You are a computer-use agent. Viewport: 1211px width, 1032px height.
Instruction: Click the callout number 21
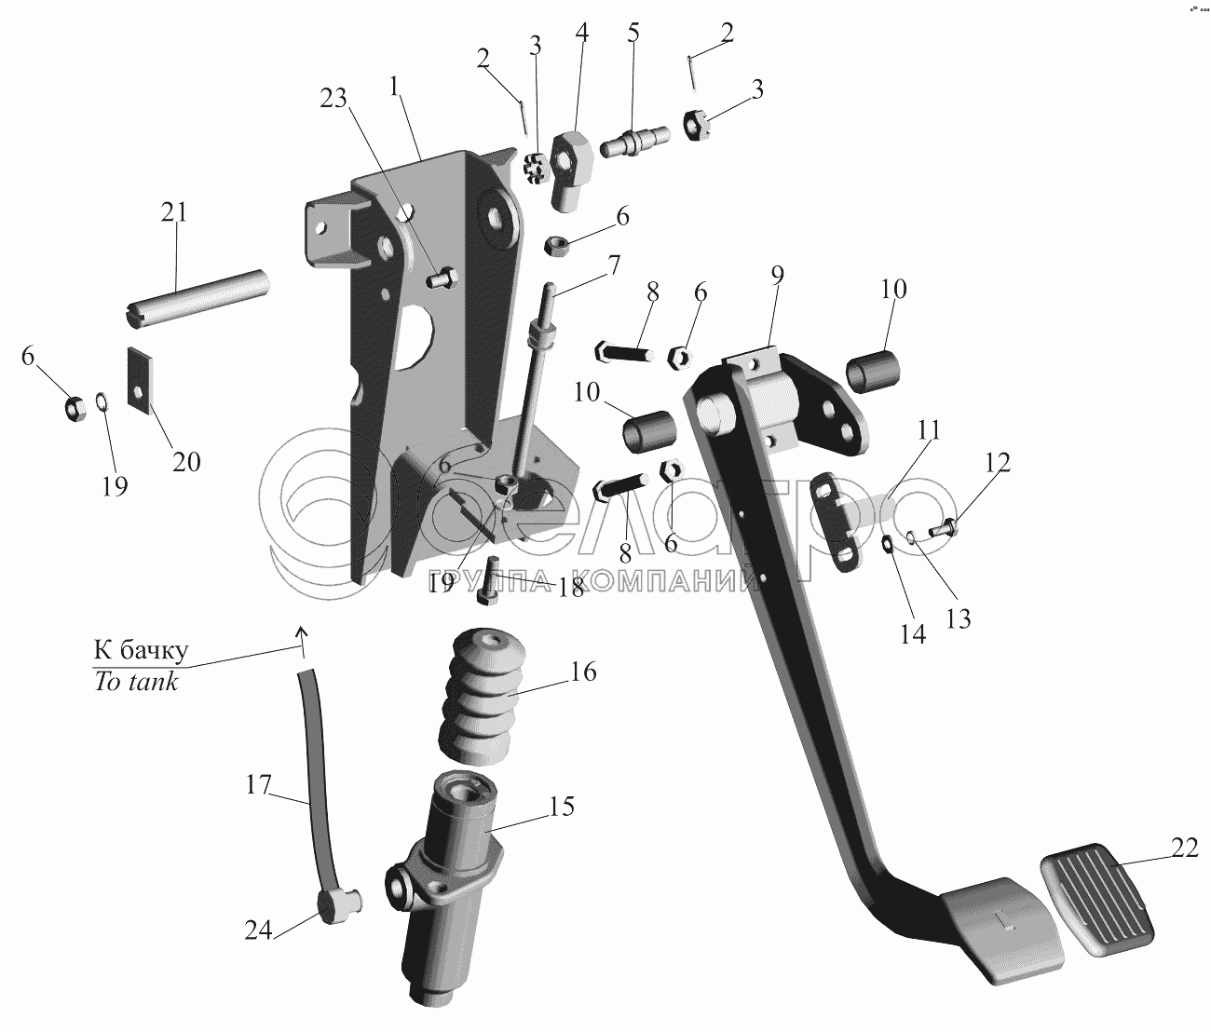click(x=174, y=212)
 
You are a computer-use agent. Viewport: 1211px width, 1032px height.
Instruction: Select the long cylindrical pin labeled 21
click(x=197, y=295)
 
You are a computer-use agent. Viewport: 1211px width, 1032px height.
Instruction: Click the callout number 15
click(x=562, y=806)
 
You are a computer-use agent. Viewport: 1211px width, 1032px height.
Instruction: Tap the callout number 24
click(x=259, y=930)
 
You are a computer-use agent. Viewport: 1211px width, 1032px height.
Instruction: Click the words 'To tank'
click(x=136, y=681)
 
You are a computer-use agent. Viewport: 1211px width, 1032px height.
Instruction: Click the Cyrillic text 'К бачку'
click(x=141, y=649)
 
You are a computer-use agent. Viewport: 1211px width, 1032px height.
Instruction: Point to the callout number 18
click(x=571, y=588)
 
